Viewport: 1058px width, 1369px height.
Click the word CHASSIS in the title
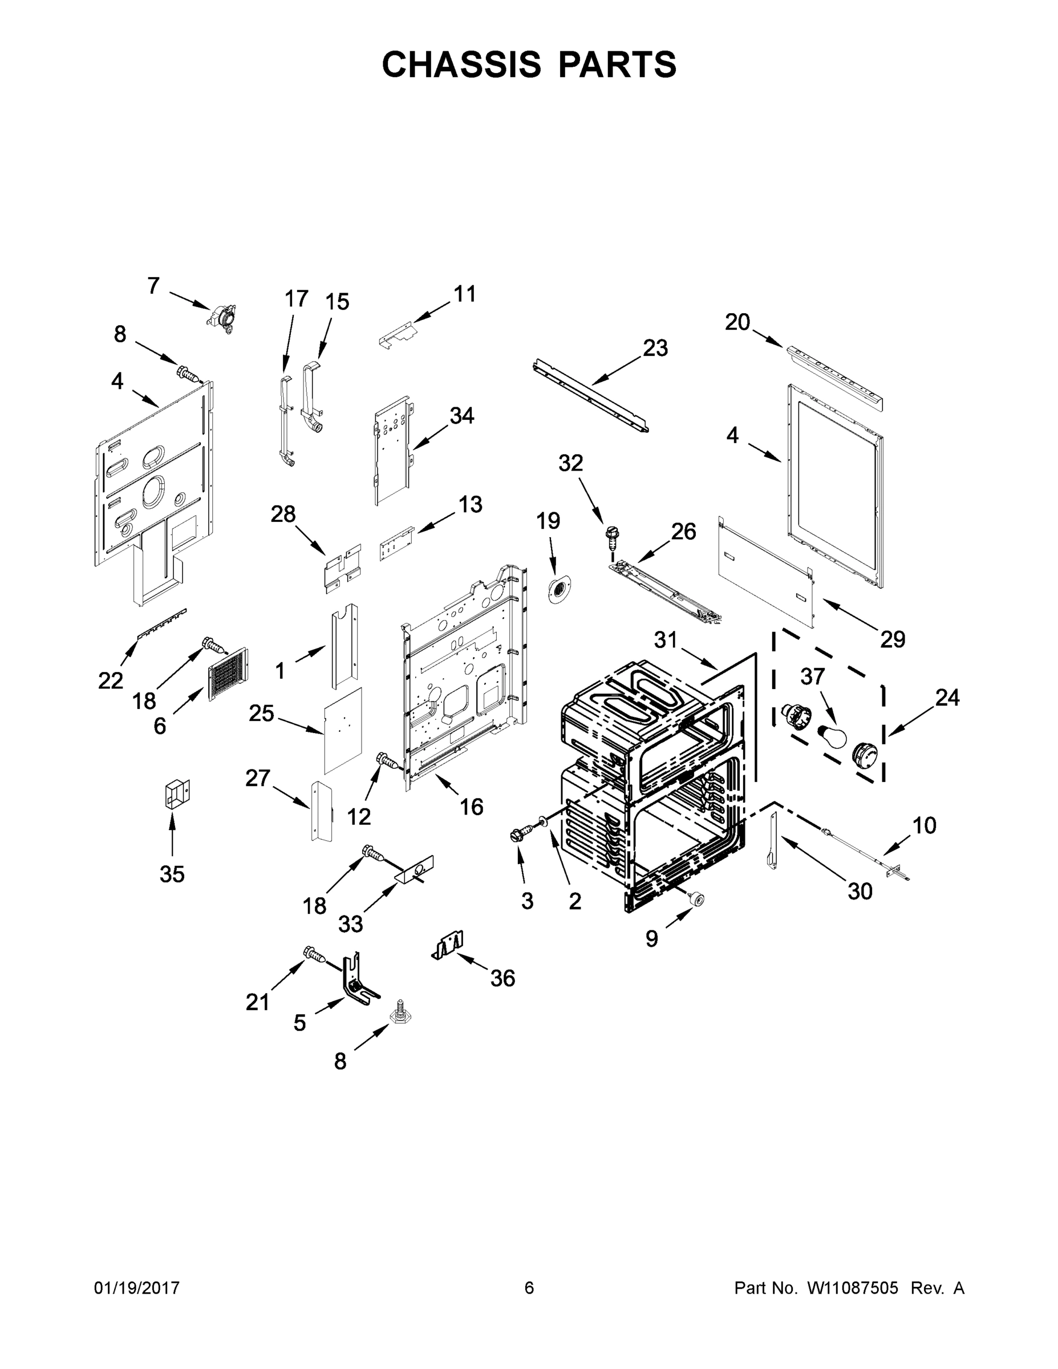[461, 64]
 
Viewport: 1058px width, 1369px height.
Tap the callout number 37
[812, 677]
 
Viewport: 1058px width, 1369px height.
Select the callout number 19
[549, 521]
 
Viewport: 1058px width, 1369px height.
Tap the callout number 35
[172, 873]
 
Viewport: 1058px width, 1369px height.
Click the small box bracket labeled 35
[176, 794]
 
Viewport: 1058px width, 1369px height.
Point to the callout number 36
[502, 977]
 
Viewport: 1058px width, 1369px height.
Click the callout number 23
[655, 348]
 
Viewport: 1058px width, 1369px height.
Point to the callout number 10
[924, 825]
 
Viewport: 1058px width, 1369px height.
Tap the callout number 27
[258, 778]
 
